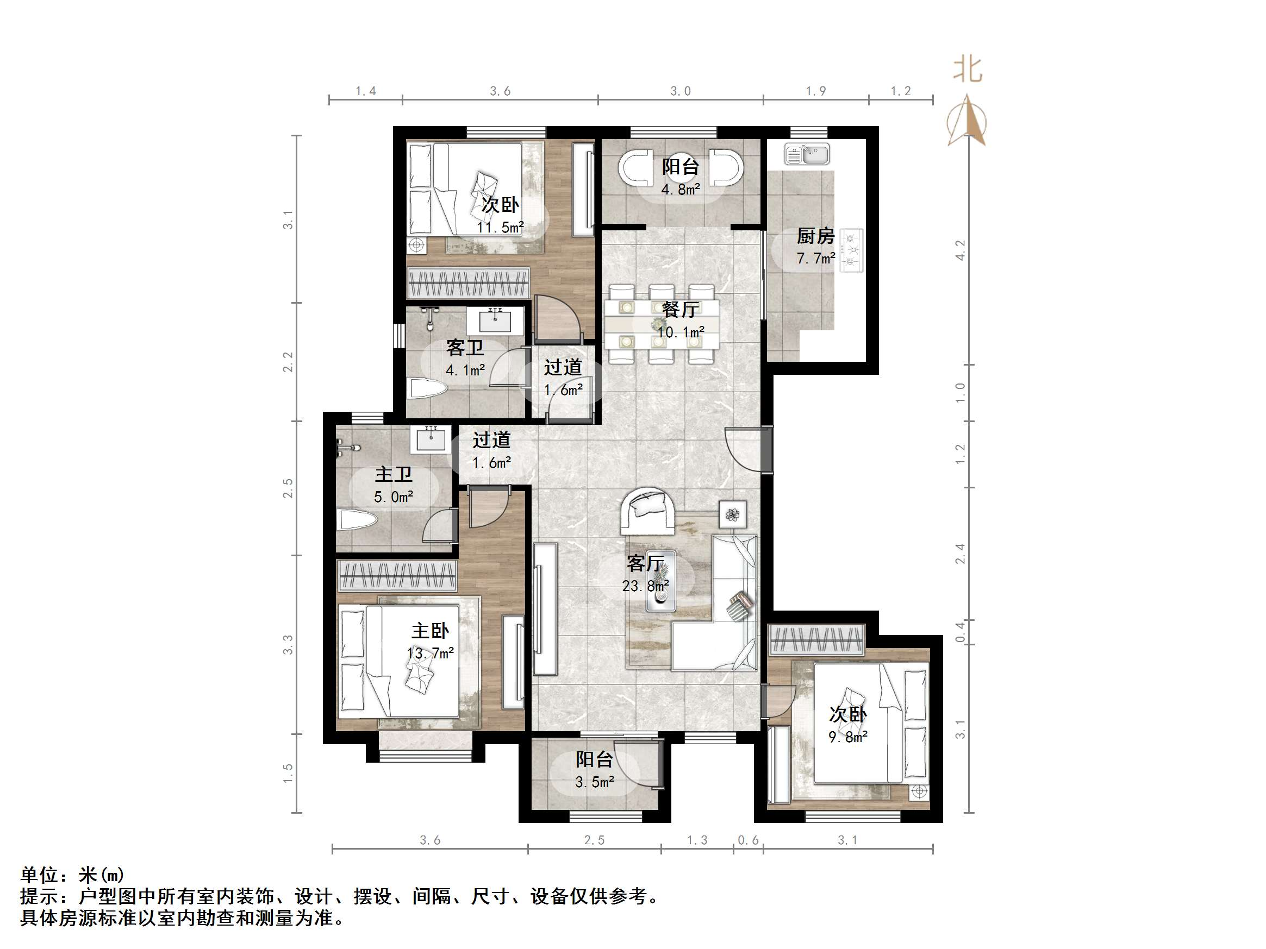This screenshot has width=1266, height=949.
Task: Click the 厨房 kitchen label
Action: [x=815, y=236]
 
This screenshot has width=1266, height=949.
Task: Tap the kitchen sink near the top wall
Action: [x=807, y=154]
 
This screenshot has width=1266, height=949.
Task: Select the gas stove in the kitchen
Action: [x=851, y=250]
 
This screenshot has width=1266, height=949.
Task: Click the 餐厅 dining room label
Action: [x=680, y=310]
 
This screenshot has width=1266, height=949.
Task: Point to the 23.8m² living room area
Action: [x=646, y=586]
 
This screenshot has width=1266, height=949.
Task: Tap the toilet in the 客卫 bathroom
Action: [x=427, y=390]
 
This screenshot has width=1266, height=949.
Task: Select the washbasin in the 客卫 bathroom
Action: [x=495, y=321]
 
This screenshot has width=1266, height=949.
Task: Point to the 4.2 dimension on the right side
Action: [x=961, y=250]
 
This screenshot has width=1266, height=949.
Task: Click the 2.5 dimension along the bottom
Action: [x=594, y=840]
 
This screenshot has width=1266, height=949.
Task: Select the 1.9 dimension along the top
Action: [x=815, y=91]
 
